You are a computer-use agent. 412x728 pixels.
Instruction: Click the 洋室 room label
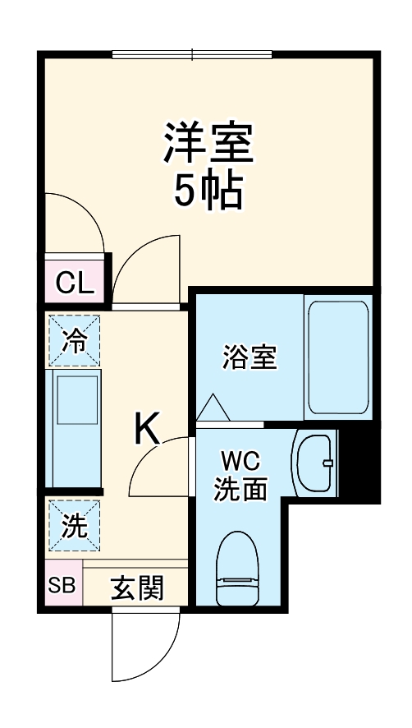tap(208, 143)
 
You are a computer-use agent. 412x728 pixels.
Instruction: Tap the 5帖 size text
tap(208, 191)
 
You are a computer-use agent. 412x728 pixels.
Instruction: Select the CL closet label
tap(75, 283)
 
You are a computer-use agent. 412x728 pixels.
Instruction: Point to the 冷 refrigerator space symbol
tap(75, 341)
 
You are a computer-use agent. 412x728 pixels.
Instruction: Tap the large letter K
tap(148, 429)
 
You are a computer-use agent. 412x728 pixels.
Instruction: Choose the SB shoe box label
tap(60, 587)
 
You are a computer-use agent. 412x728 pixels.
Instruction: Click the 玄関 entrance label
tap(137, 587)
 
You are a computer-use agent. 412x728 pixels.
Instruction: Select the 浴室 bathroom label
tap(249, 358)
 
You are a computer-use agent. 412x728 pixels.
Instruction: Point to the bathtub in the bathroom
tap(336, 358)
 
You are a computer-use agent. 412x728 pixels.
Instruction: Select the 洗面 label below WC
tap(240, 490)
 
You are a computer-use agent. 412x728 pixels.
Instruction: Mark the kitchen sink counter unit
tap(76, 429)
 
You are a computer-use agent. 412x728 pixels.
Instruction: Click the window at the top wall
tap(192, 55)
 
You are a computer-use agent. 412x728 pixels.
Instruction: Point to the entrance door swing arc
tap(145, 646)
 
